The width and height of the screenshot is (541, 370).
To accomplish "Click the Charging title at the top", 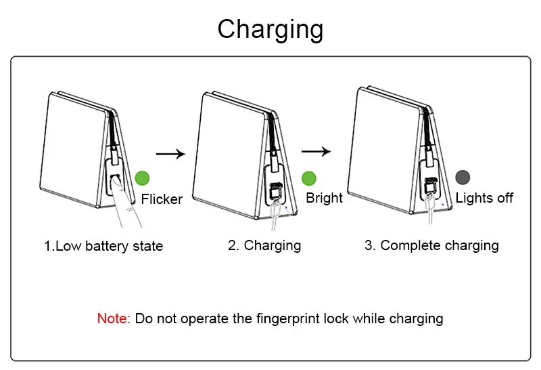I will (270, 30).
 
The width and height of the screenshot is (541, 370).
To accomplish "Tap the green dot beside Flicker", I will (142, 179).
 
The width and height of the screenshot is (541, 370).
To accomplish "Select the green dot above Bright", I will (309, 178).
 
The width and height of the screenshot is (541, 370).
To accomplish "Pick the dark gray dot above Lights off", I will (463, 178).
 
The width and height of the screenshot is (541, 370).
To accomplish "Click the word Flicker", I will (162, 199).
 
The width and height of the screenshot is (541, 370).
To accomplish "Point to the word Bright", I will (324, 198).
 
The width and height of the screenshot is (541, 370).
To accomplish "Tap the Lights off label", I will (484, 198).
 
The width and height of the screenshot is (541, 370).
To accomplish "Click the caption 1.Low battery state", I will (103, 246).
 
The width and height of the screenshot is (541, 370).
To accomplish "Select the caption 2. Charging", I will (264, 245).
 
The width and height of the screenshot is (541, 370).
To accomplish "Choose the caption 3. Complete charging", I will (431, 245).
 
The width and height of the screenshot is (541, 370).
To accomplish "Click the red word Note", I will (113, 318).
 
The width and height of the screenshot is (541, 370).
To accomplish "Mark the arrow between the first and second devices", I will (170, 154).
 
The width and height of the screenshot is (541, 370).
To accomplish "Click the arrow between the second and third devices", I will (315, 152).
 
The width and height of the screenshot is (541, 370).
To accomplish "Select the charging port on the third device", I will (429, 187).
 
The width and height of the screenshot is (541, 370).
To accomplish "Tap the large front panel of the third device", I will (382, 146).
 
